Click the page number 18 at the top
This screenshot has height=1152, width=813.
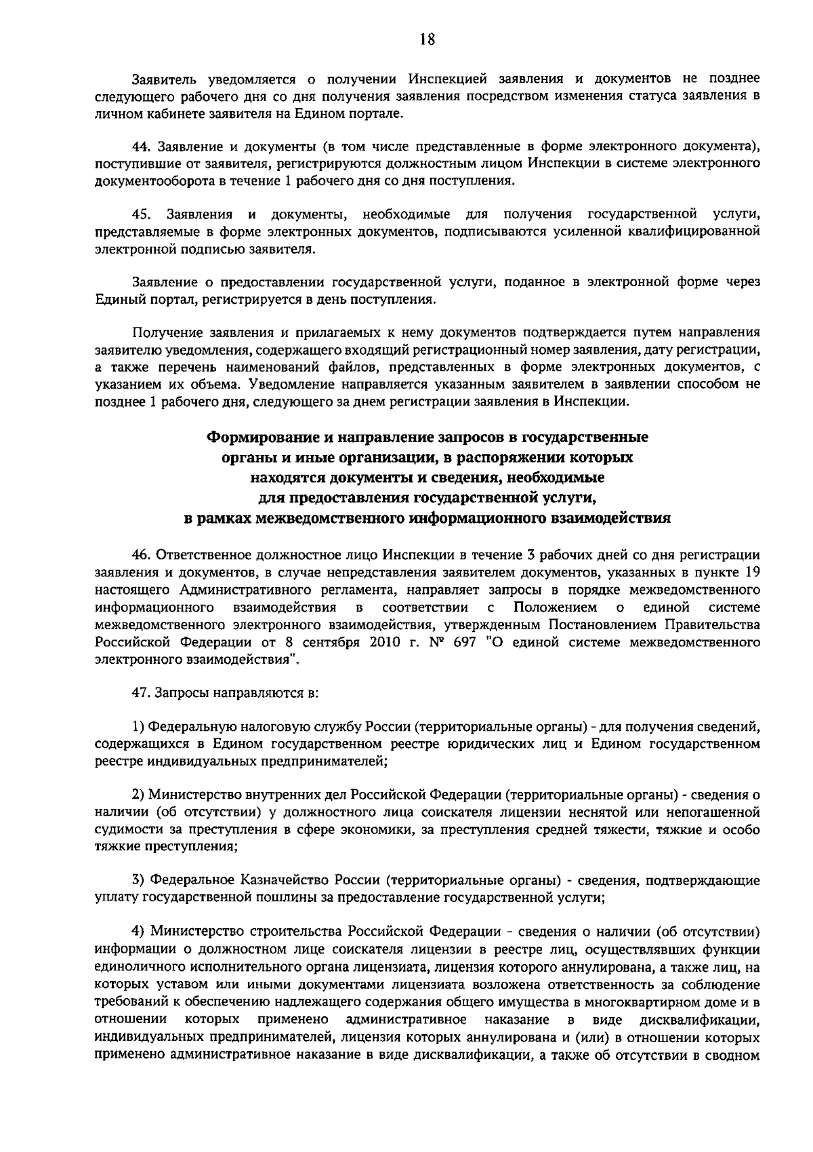click(427, 39)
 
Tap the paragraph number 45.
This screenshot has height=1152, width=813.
click(141, 215)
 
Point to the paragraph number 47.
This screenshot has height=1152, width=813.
click(140, 694)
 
